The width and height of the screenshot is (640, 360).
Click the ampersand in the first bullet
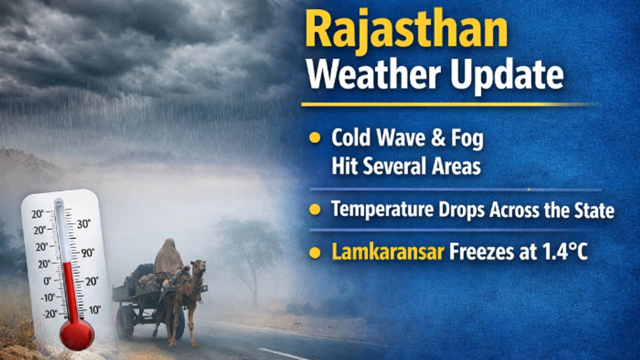click(x=438, y=139)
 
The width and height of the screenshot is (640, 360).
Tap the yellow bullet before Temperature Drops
click(x=314, y=209)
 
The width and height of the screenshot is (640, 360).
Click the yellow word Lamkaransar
click(x=388, y=252)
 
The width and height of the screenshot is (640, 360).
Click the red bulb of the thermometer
click(x=76, y=333)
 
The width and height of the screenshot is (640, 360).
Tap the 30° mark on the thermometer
click(x=83, y=224)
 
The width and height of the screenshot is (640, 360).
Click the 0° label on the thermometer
click(x=47, y=280)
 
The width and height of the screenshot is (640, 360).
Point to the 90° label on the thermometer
click(x=88, y=252)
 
